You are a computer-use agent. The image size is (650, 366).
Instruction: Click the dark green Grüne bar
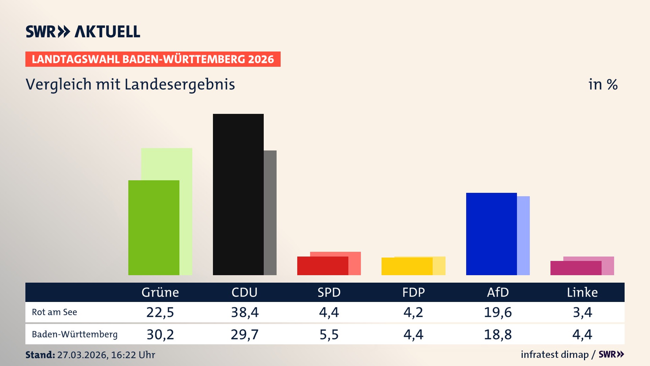point(154,227)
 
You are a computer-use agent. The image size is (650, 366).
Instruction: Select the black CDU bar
point(238,194)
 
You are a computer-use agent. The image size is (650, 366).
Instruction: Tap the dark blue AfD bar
point(491,234)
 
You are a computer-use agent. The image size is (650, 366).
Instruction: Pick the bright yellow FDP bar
point(407,266)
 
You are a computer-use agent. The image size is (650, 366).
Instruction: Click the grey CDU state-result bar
point(270,212)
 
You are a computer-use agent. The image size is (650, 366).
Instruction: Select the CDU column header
point(244,292)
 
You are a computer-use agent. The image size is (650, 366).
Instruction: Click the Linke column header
point(582,292)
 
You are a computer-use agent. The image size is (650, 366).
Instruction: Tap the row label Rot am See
point(55,312)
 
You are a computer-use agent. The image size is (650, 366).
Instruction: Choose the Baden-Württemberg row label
point(75,334)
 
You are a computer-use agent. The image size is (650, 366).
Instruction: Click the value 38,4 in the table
point(245,312)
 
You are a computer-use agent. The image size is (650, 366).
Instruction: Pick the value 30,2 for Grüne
point(160,334)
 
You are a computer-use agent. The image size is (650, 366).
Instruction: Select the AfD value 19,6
point(498,312)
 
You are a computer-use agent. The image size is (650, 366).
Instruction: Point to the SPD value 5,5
point(329,334)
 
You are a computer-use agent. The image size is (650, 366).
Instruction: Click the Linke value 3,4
point(582,312)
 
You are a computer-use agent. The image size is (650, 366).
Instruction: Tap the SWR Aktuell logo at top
point(83,32)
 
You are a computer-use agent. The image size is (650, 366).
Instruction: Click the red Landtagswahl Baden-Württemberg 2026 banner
point(153,59)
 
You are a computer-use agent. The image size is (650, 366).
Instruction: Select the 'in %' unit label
point(603,84)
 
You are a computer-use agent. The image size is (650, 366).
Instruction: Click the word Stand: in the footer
point(40,355)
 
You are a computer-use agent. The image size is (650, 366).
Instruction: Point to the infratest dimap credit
point(555,354)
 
